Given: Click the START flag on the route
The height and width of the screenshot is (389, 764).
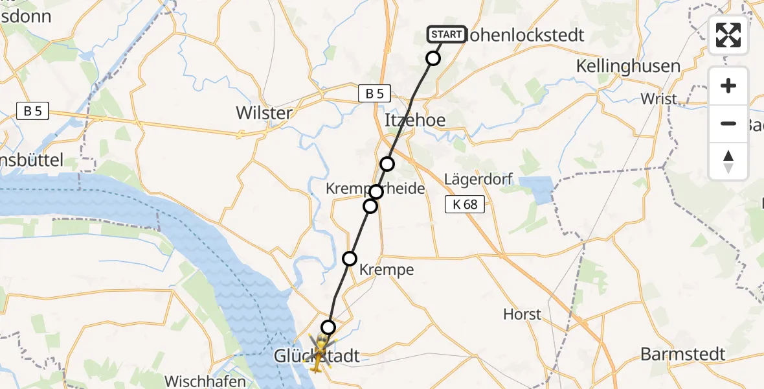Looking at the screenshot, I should pos(446,34).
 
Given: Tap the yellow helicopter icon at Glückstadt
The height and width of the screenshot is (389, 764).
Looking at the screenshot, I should pos(319,352).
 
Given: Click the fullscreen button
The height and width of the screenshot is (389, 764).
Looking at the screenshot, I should pos(728,35).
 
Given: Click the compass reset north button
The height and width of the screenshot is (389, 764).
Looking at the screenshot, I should pos(728,161).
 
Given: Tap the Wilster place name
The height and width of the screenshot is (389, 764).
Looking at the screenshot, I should pos(264,113).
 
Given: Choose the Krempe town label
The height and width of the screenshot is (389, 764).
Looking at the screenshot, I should pos(387,270).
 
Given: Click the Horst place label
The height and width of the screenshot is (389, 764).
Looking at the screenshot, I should pos(522,314).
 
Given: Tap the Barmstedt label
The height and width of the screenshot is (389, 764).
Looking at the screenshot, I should pos(682,354).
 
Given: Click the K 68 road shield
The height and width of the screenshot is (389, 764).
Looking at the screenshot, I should pos(465,205).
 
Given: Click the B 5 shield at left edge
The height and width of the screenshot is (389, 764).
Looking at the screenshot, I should pos(33,111).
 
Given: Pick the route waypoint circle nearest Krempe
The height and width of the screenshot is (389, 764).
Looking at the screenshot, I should pos(350,259).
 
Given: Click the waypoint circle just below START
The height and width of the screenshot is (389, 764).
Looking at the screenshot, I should pos(433,59).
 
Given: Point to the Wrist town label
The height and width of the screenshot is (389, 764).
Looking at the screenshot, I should pos(658,99).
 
